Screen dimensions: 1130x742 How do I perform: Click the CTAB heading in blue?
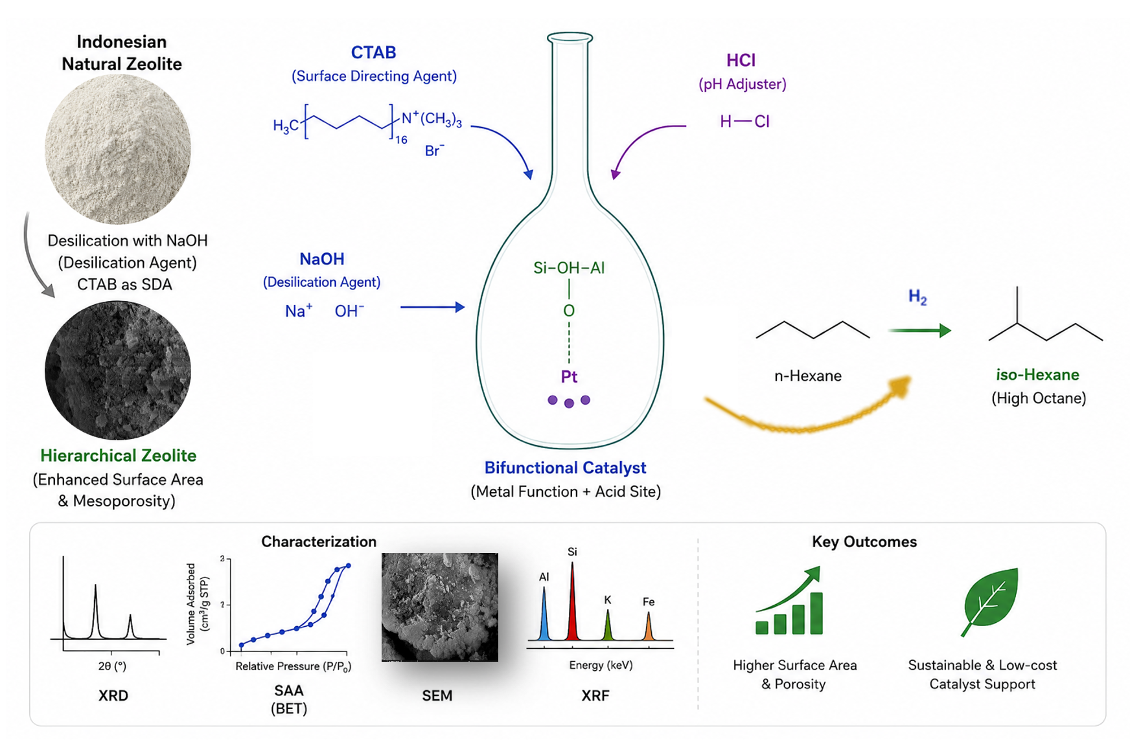[x=373, y=52]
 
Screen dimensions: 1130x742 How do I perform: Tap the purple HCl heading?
[x=741, y=60]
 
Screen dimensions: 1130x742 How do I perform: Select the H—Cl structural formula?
[x=744, y=121]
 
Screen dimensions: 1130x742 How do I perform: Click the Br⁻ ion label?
[x=434, y=150]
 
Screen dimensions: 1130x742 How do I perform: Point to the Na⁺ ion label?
[x=299, y=311]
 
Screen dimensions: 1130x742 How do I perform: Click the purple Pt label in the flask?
[x=569, y=376]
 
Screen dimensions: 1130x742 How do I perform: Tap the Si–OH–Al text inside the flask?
[x=569, y=267]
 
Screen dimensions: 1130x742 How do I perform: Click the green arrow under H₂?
[x=919, y=330]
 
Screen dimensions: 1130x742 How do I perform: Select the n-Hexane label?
[x=807, y=376]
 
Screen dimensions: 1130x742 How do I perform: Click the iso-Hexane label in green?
[x=1037, y=374]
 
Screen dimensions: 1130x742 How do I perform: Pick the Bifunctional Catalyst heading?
[x=565, y=467]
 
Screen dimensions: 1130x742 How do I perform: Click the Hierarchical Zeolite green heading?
[x=118, y=455]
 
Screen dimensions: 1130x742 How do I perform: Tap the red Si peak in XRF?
[x=572, y=601]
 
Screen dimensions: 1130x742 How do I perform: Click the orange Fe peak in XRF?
[x=649, y=626]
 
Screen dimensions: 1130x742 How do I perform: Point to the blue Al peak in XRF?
[x=544, y=614]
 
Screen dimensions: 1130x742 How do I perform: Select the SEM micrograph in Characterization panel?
[x=440, y=607]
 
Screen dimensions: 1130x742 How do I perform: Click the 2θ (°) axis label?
[x=112, y=666]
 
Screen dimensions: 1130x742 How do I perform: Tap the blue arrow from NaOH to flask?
[x=432, y=307]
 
